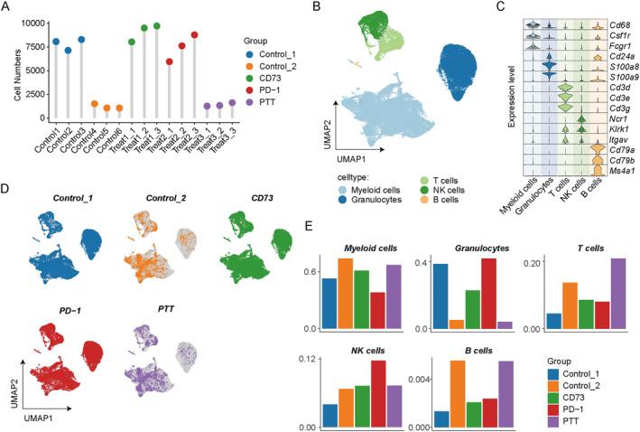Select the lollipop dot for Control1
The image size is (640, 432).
[56, 42]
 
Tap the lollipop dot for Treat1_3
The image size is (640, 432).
[157, 25]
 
